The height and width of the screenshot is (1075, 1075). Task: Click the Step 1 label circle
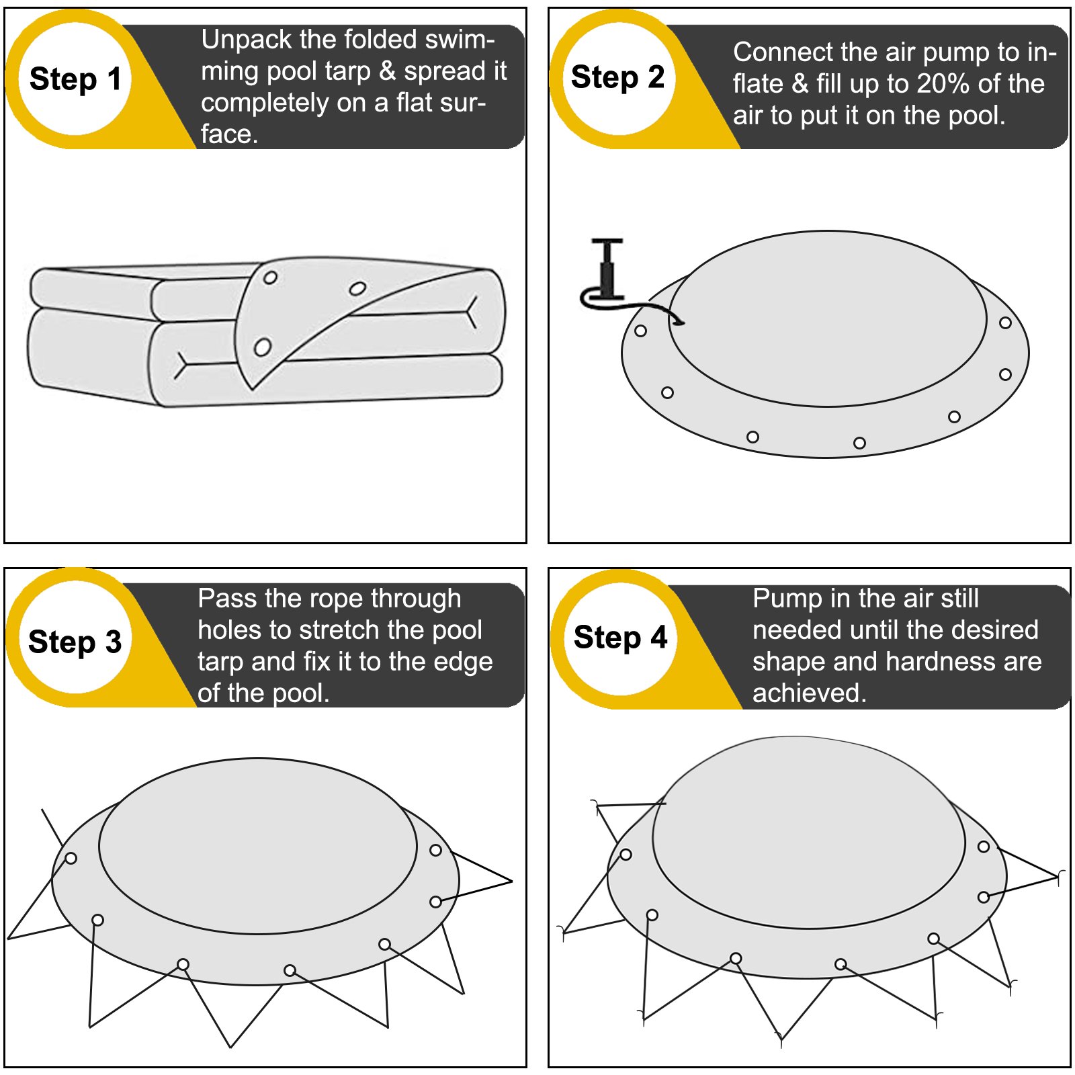75,79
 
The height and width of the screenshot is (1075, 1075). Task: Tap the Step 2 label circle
618,77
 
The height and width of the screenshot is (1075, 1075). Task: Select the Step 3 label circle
75,638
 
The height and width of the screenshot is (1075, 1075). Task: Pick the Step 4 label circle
620,638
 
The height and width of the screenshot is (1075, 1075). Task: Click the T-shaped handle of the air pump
607,242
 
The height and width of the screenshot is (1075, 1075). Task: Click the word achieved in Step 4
809,693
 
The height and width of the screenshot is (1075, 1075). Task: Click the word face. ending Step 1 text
229,134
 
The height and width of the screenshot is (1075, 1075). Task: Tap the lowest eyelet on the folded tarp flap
262,347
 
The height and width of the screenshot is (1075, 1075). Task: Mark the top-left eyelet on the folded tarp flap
270,277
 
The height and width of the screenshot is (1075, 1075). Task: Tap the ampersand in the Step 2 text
800,84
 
